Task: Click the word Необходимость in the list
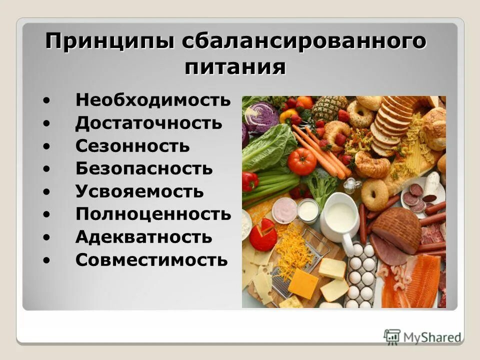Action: click(x=153, y=100)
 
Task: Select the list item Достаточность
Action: click(x=148, y=123)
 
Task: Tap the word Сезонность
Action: click(x=132, y=146)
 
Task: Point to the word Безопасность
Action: click(x=144, y=168)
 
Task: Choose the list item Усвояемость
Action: click(x=139, y=191)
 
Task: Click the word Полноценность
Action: click(x=153, y=214)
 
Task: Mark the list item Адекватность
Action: click(x=143, y=237)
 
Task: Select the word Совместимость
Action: click(x=151, y=260)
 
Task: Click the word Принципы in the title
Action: click(x=110, y=41)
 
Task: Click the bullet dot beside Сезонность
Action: click(x=46, y=146)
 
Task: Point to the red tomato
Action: click(x=301, y=161)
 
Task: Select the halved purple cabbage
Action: click(x=261, y=116)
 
